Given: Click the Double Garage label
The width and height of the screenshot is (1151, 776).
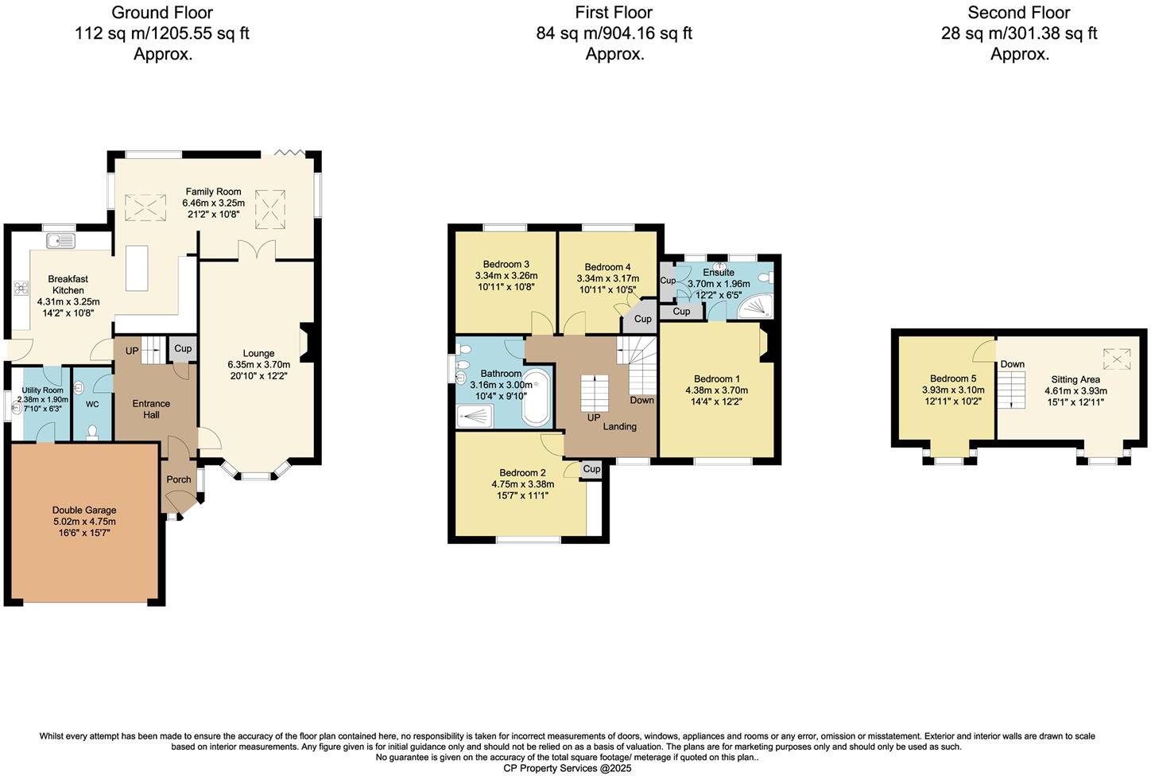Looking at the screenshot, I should (84, 510).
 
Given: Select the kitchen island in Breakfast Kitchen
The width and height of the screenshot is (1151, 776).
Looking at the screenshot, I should (138, 267).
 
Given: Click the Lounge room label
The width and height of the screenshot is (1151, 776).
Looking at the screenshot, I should (258, 354).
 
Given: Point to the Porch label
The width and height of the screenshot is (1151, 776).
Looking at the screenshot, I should (179, 479).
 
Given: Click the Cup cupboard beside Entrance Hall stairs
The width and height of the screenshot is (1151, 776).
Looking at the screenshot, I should (183, 349).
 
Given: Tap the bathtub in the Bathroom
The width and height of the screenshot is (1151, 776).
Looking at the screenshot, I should (537, 398).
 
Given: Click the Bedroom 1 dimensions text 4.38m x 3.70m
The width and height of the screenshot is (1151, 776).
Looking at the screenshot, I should (716, 390).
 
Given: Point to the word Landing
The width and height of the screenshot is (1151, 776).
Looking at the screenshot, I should (619, 427).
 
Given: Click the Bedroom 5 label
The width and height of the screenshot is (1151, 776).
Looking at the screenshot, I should (953, 379).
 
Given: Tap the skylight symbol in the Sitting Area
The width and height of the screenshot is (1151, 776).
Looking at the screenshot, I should (1117, 360).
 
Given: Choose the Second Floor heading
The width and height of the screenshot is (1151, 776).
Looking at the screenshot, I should (1018, 13).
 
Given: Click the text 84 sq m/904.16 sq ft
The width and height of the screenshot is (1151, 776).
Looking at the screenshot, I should (614, 33).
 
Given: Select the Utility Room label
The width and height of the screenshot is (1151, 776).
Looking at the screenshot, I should (42, 390).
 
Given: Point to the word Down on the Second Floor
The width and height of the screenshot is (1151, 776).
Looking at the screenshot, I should (1012, 365).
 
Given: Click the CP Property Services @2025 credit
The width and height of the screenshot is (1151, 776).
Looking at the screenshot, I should (567, 769).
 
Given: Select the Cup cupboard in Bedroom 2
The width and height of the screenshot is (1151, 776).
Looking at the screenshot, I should (591, 470).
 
